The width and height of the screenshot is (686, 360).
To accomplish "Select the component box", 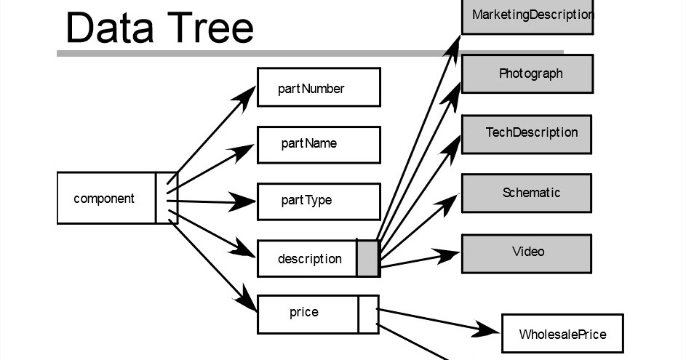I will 105,198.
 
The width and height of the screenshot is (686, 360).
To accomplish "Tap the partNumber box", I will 319,87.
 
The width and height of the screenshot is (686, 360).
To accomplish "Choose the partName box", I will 319,144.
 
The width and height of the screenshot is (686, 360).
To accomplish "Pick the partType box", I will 319,201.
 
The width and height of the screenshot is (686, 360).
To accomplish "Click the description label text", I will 309,259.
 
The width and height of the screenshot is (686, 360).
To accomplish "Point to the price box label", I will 304,313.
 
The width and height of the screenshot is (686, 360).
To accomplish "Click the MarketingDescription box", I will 527,15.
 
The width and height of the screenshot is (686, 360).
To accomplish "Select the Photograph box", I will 527,73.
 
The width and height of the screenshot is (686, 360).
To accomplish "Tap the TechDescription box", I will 527,133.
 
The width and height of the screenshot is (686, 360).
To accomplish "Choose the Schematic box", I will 527,193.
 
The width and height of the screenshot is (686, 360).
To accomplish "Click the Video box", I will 527,252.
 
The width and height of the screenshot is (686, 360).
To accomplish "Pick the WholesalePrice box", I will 562,334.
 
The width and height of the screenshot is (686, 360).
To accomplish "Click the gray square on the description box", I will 368,259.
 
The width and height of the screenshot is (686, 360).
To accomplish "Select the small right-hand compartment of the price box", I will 368,314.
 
